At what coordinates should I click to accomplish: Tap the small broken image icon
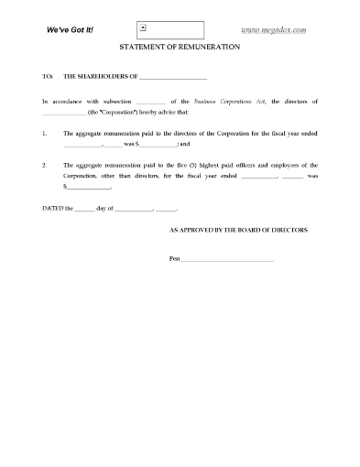click(x=143, y=28)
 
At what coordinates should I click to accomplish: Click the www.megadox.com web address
click(x=273, y=29)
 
